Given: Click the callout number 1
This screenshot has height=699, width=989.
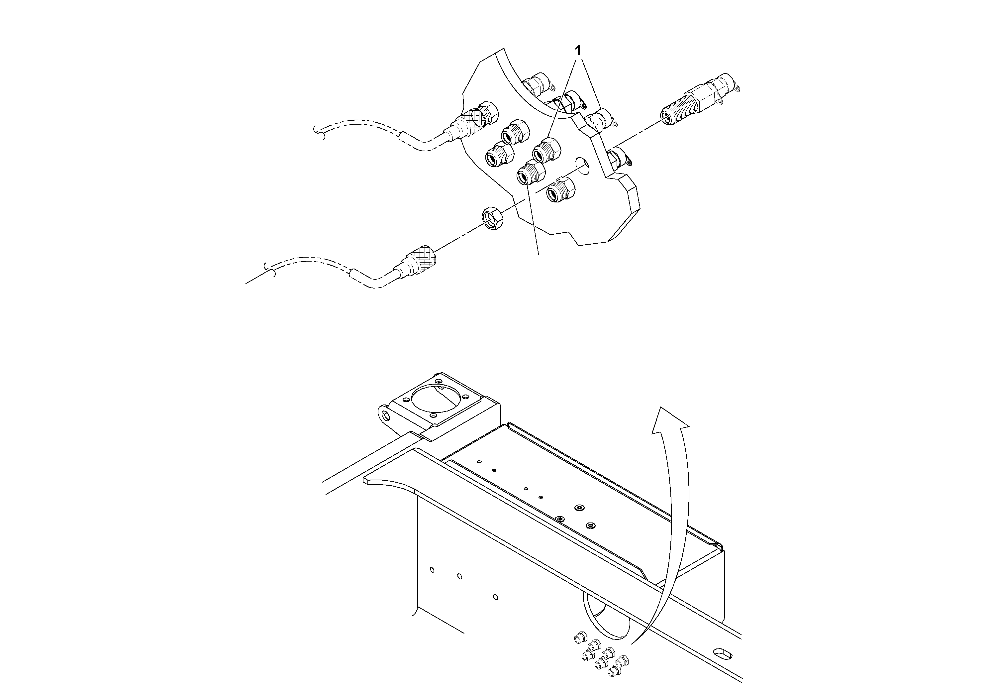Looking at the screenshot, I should click(x=578, y=51).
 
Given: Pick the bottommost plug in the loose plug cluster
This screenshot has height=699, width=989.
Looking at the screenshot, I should click(x=613, y=671).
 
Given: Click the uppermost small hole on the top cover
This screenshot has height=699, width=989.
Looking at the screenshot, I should click(x=479, y=462).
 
